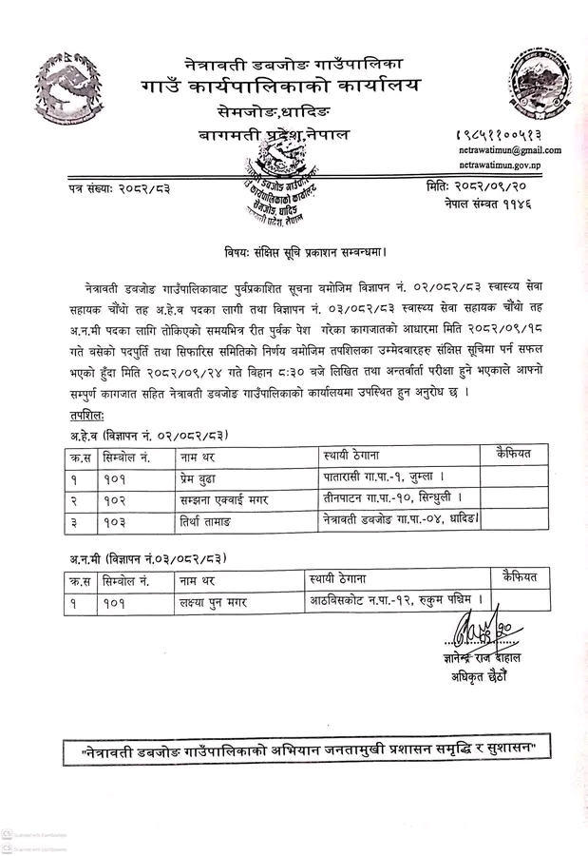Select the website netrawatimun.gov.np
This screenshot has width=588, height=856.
(x=508, y=166)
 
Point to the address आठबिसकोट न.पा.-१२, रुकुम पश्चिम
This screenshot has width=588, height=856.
(x=396, y=600)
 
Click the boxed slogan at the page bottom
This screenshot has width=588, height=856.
(x=301, y=751)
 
